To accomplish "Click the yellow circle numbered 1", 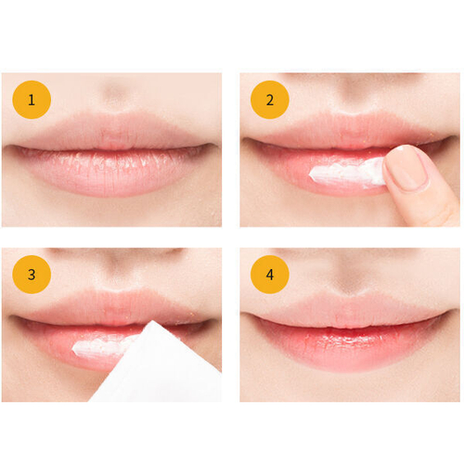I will pyautogui.click(x=32, y=100).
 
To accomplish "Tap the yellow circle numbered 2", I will pyautogui.click(x=270, y=100).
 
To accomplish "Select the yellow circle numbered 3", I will pyautogui.click(x=32, y=275).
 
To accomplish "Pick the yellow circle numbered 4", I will pyautogui.click(x=270, y=275).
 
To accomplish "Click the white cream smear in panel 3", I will pyautogui.click(x=102, y=347).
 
